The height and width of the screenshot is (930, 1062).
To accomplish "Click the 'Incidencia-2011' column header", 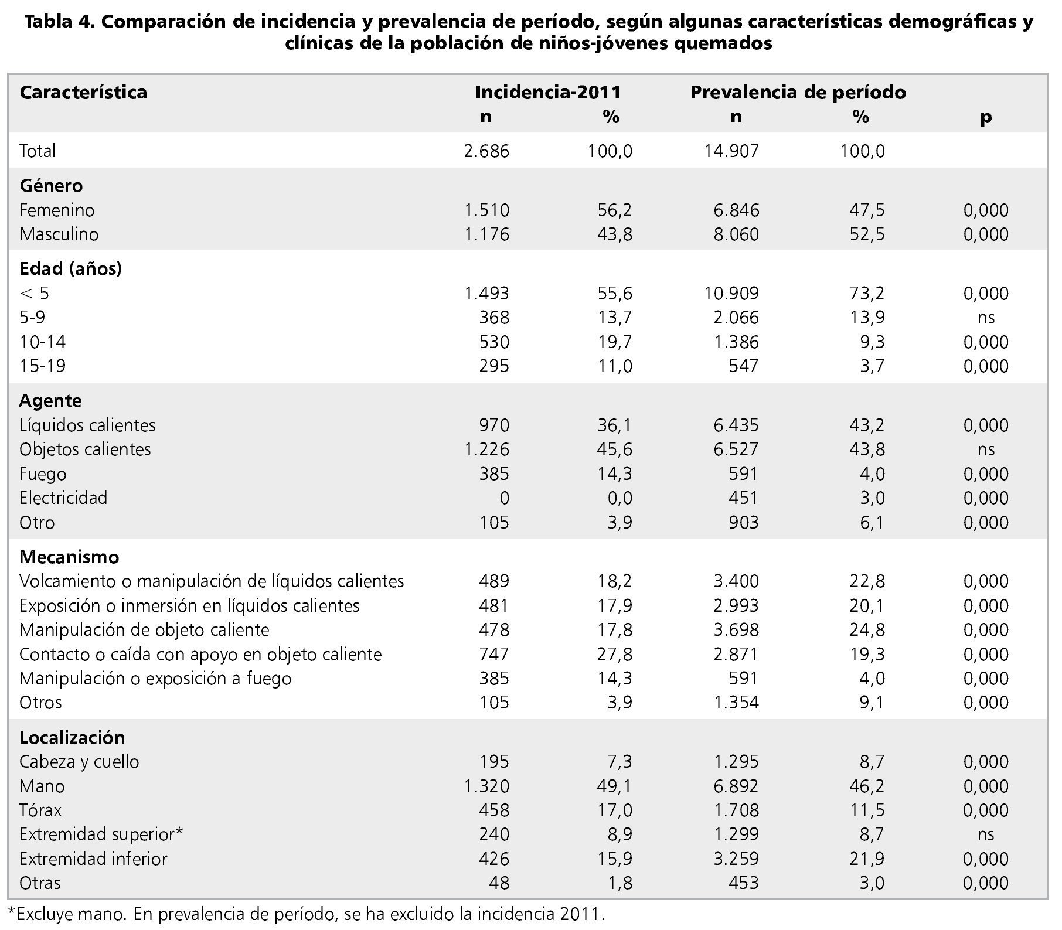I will tap(547, 93).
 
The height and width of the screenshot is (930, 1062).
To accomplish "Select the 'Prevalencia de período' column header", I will tap(798, 93).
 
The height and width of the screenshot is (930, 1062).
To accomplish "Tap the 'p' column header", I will tap(986, 117).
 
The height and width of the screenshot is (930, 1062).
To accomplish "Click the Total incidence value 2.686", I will tap(486, 151).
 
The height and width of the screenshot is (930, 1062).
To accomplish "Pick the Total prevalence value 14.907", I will tap(732, 151).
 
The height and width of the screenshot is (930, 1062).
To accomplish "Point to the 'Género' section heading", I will tap(52, 186).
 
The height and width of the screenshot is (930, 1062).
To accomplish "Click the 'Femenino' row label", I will tap(57, 210).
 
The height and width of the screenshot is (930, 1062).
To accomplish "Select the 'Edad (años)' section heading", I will tap(71, 269).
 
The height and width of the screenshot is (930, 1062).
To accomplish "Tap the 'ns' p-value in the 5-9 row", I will tap(986, 318).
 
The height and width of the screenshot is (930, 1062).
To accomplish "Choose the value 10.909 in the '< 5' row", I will tap(732, 293).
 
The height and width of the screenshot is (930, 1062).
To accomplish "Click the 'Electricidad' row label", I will tap(63, 498).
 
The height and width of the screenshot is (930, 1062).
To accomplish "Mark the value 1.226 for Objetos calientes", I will tap(486, 449).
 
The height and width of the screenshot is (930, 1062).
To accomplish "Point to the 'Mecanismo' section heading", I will tap(69, 557).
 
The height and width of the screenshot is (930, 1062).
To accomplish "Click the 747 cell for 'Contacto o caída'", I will tap(494, 655).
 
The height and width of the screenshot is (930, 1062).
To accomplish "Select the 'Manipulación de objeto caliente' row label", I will tap(144, 630).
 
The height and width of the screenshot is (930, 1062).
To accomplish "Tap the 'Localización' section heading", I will tap(72, 737).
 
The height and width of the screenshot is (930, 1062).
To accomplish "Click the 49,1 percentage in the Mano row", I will tap(614, 786).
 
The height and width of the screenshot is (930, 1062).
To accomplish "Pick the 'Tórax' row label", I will tap(40, 810).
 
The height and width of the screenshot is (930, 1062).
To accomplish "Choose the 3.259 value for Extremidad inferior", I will tap(736, 859).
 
